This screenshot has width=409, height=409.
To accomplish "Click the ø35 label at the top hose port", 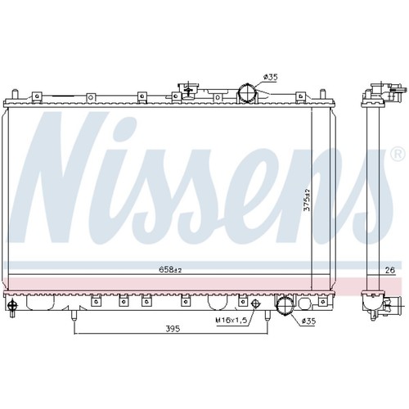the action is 270,77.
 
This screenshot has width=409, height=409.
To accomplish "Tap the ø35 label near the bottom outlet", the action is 308,321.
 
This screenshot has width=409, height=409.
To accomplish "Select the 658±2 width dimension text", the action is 170,270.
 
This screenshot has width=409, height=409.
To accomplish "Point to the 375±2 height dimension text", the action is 307,200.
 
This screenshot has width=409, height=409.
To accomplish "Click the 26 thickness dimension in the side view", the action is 390,270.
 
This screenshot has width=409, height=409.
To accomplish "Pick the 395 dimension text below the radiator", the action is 173,329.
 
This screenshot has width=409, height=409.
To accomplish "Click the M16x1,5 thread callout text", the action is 231,321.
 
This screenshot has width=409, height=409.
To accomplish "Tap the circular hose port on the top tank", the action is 247,92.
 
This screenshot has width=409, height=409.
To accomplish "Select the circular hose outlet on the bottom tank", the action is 285,306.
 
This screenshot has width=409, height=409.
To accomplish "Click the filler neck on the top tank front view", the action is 188,90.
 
